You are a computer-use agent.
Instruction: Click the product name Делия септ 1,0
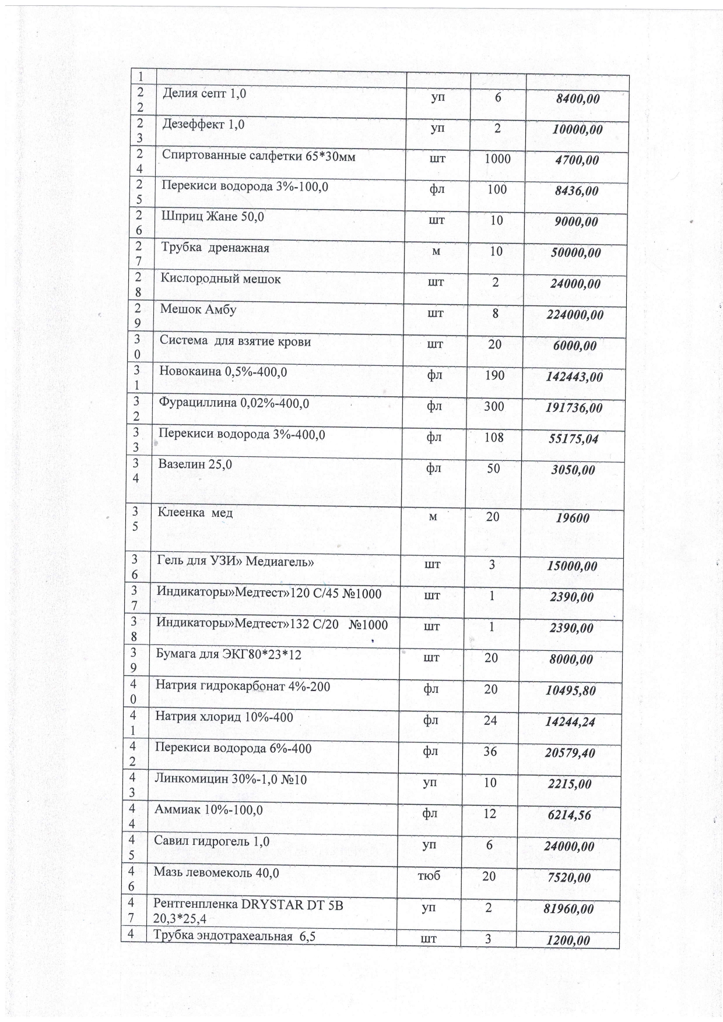click(203, 93)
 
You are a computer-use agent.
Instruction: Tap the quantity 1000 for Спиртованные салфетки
click(497, 159)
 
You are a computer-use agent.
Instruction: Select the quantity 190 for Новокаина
click(494, 375)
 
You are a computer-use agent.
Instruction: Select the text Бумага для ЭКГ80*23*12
click(229, 654)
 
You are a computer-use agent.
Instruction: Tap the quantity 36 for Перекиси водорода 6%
click(490, 752)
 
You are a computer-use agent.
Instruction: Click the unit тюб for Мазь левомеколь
click(429, 876)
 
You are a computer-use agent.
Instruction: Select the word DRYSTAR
click(274, 904)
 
